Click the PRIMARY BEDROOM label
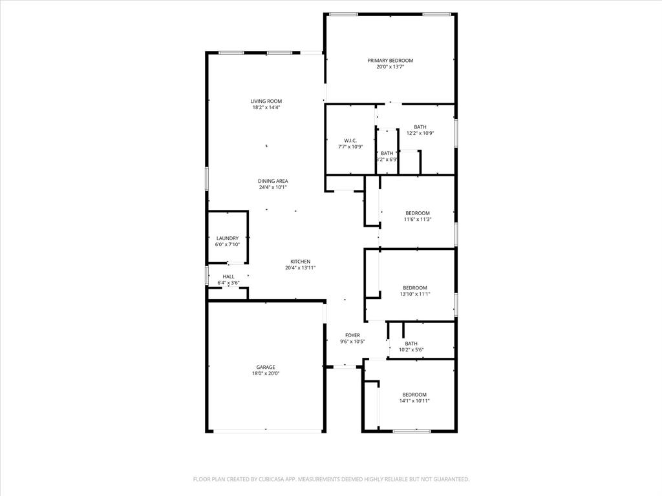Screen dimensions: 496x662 [390, 60]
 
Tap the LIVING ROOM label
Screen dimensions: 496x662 [266, 101]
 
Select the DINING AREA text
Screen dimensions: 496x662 [273, 181]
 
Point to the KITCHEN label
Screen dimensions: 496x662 [300, 262]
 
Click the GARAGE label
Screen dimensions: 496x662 [265, 367]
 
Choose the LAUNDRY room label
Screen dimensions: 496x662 [227, 238]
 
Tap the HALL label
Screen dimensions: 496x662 [228, 276]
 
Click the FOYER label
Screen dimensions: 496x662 [352, 335]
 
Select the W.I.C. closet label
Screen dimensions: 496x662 [350, 140]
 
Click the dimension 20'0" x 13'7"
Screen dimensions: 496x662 [390, 67]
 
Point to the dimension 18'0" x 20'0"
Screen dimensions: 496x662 [265, 373]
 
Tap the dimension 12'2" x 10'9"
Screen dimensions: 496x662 [420, 133]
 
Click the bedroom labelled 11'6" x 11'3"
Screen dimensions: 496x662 [417, 213]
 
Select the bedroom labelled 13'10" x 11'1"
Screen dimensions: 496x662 [414, 288]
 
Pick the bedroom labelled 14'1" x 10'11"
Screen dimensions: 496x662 [414, 395]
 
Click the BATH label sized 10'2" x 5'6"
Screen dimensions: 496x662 [411, 344]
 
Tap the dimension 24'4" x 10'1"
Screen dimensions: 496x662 [273, 187]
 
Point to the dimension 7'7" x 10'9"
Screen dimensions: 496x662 [350, 147]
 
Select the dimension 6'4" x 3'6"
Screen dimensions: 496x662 [228, 283]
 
